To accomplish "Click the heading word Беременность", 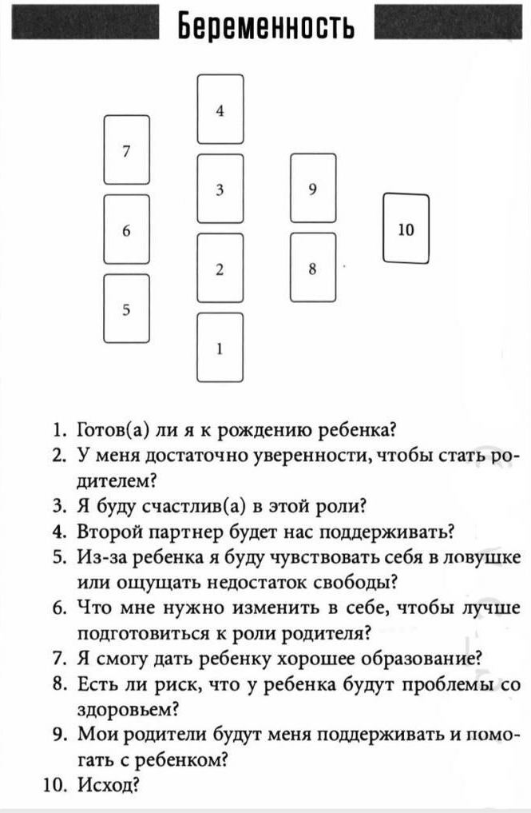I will coord(266,26).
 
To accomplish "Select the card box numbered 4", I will coord(220,109).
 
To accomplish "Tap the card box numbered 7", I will coord(126,149).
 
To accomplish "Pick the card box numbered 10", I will coord(406,228).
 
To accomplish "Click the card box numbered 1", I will coord(220,347).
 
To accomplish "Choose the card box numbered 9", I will coord(313,188).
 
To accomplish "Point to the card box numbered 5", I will coord(126,308).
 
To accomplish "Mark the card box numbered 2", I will coord(220,268).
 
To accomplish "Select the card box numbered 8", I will coord(313,268).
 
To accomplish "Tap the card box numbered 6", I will coord(126,229).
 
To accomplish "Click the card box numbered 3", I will coord(220,189).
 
